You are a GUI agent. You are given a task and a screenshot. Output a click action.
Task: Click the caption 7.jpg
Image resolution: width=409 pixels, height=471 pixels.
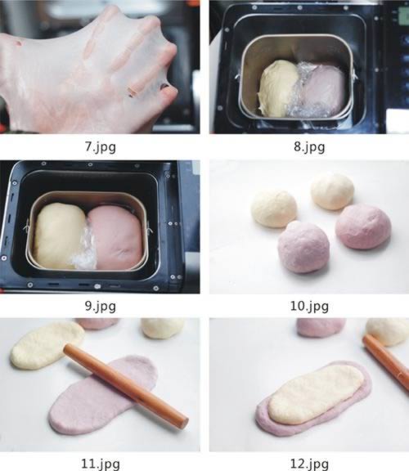[100, 147]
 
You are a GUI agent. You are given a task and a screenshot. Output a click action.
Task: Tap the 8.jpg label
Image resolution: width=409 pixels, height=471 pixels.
[309, 147]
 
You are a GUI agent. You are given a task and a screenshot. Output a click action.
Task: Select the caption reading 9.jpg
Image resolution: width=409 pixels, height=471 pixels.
[100, 306]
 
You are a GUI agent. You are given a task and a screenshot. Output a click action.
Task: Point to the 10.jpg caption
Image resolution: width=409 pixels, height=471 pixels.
[309, 306]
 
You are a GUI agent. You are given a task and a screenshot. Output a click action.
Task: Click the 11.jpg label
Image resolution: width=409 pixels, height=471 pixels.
[100, 464]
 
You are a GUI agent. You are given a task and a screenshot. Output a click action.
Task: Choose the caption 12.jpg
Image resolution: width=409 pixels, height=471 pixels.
[309, 464]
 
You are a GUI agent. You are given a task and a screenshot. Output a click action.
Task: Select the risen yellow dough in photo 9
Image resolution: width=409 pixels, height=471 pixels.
[59, 235]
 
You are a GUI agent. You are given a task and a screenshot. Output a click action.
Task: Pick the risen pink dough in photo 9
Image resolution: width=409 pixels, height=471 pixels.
[115, 238]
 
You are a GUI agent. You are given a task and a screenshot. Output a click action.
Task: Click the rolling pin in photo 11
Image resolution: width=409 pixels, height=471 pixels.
[126, 385]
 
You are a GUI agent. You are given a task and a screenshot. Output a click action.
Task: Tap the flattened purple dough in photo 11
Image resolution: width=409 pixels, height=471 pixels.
[102, 395]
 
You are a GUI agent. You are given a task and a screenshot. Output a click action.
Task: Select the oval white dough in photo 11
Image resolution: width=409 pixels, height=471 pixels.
[47, 345]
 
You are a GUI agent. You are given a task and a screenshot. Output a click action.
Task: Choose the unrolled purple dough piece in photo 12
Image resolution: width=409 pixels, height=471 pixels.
[321, 327]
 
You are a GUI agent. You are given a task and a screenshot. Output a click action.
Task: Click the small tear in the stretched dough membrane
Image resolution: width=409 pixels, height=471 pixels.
[132, 92]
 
